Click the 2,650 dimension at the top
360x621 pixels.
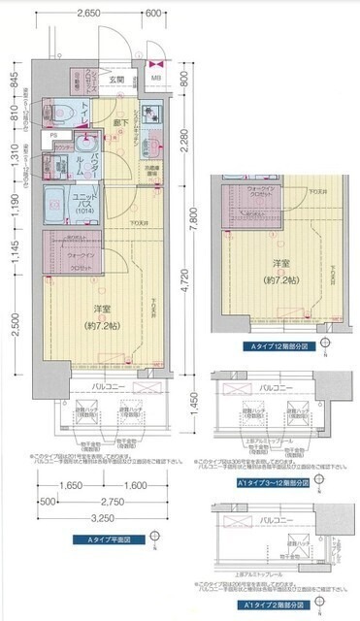click(89, 15)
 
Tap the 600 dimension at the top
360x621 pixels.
click(152, 15)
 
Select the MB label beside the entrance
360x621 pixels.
click(156, 68)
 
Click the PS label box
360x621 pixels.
click(54, 136)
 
